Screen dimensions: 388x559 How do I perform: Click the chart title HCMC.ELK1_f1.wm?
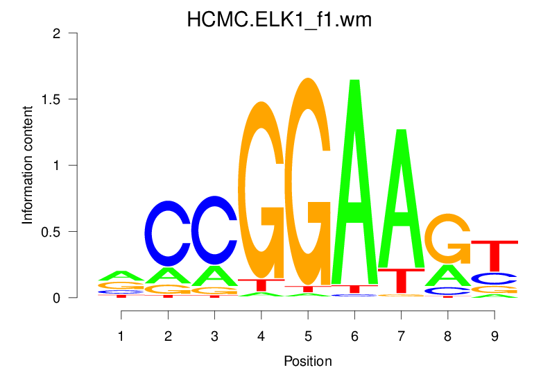click(279, 19)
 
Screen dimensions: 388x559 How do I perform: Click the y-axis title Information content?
click(28, 165)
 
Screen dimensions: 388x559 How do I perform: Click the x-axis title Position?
click(307, 362)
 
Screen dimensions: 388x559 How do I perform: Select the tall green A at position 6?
click(354, 187)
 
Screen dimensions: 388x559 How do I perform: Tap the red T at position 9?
click(494, 253)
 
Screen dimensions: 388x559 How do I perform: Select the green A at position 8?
click(447, 276)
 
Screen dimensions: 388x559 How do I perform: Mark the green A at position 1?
click(121, 276)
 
